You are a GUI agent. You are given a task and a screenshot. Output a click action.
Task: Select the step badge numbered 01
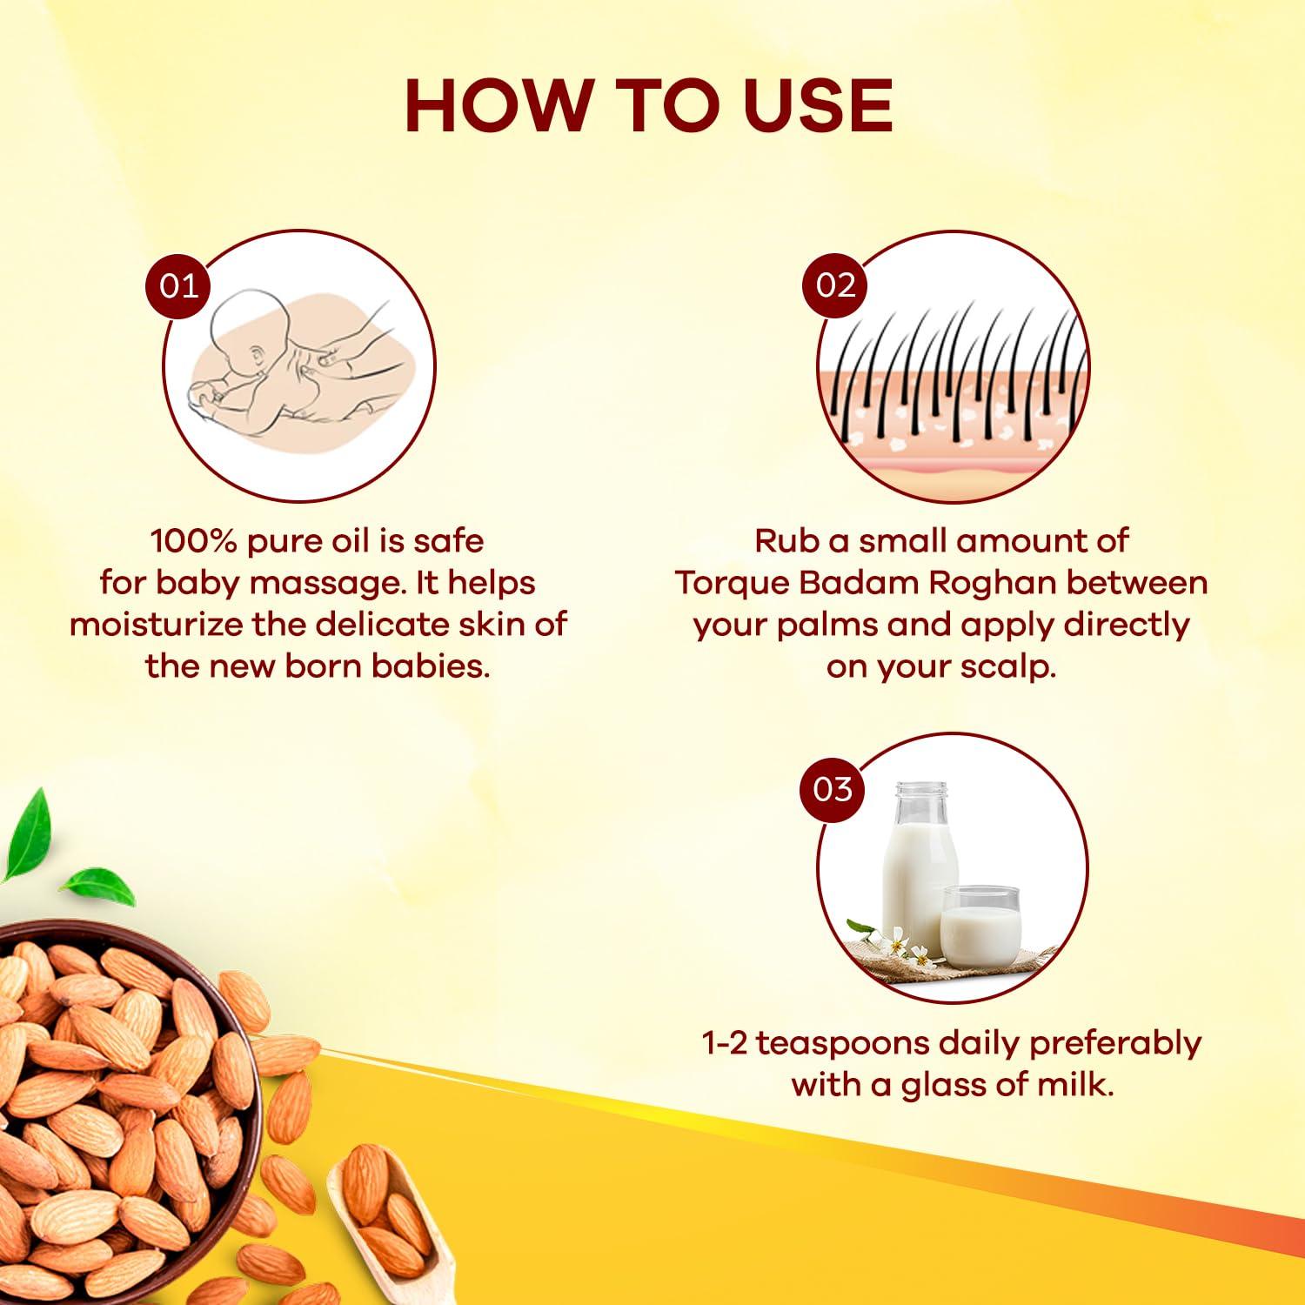point(178,285)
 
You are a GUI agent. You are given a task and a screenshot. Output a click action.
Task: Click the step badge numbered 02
point(835,285)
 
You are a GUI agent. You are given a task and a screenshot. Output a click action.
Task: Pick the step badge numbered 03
point(833,789)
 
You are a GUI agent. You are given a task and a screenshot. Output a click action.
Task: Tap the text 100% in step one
point(194,541)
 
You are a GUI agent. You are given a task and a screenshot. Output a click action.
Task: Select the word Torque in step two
point(732,583)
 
